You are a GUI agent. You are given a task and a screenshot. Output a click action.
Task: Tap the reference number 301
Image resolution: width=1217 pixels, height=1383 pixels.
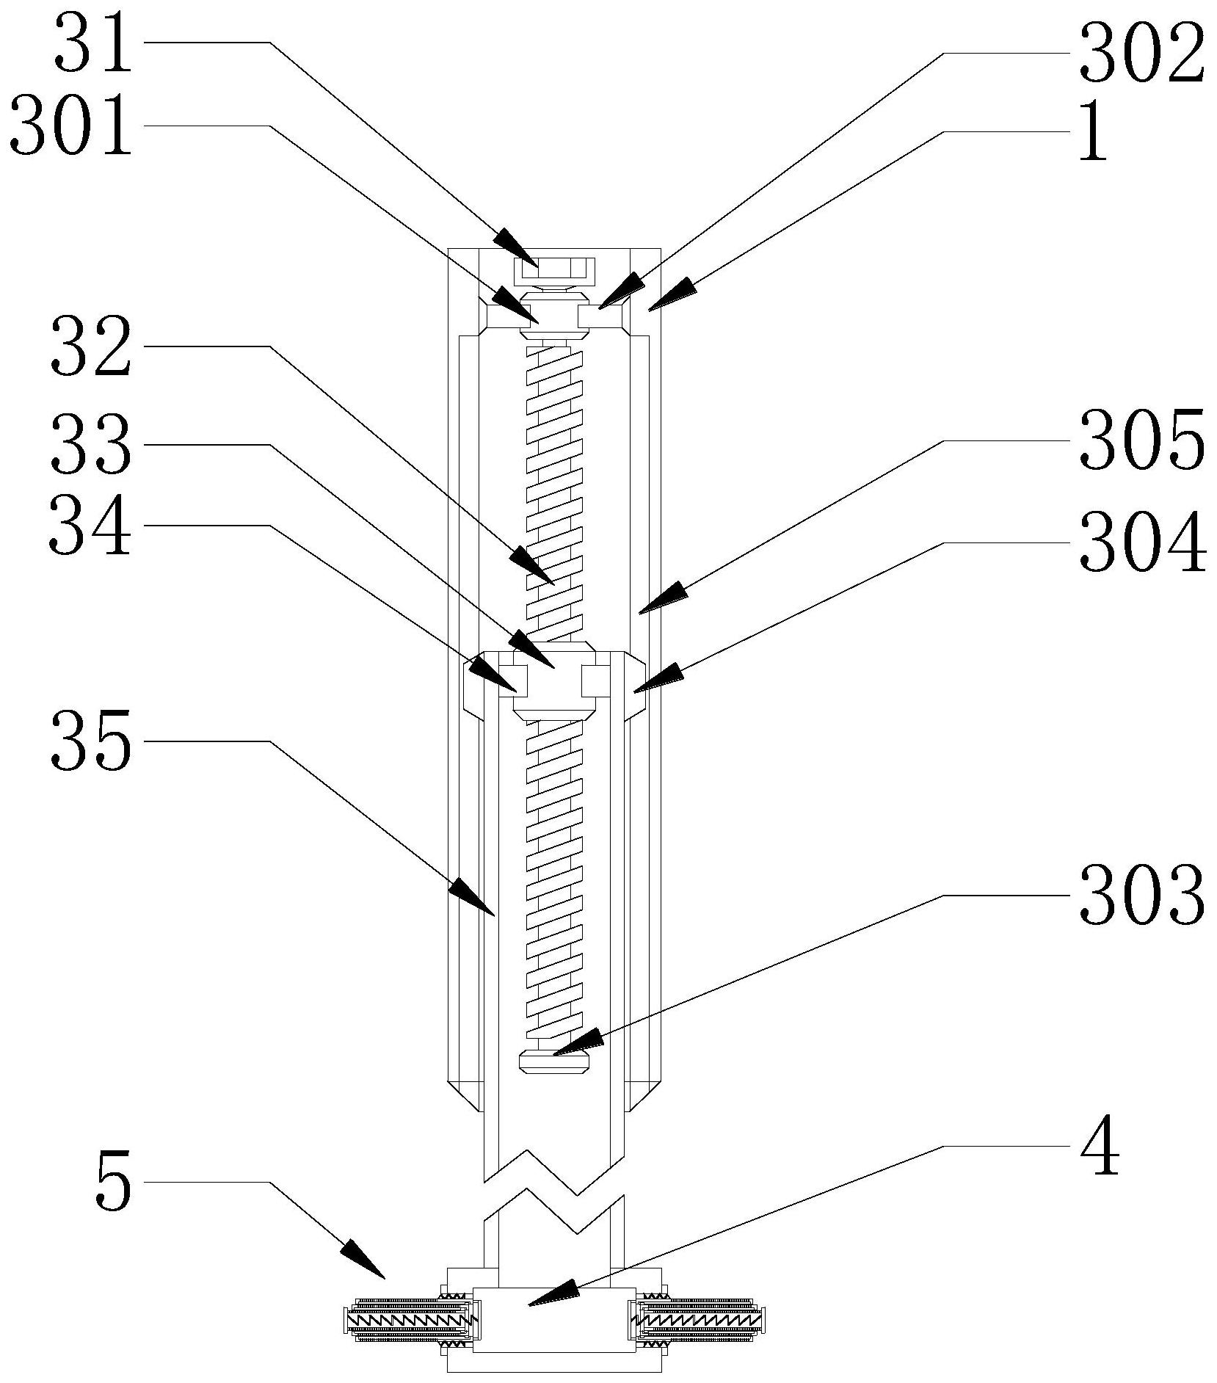pyautogui.click(x=72, y=129)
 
